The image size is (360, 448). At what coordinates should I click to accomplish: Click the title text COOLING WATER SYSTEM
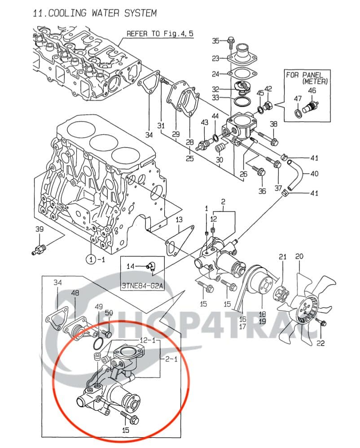95,13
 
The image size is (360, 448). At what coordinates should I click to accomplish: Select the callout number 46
312,91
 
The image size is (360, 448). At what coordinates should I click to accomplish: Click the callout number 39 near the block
40,229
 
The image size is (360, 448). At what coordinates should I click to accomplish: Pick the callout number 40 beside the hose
314,174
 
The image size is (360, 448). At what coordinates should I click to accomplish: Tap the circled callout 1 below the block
91,259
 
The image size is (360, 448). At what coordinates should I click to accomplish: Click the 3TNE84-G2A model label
142,285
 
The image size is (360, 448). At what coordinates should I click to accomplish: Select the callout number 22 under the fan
320,344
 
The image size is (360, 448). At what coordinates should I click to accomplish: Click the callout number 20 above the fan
299,257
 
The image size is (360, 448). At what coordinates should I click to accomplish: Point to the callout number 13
179,220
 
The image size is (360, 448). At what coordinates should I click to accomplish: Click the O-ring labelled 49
100,343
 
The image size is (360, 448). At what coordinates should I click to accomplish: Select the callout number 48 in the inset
75,293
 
